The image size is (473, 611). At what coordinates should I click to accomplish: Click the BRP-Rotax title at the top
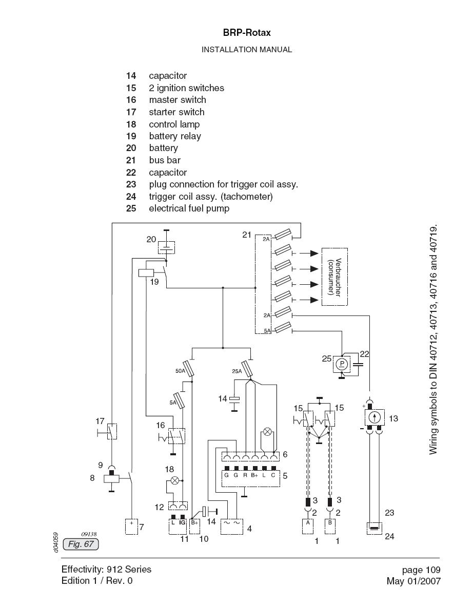[247, 33]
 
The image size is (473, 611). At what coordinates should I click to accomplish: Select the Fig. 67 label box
[81, 544]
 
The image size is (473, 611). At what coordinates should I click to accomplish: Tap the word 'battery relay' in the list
[175, 136]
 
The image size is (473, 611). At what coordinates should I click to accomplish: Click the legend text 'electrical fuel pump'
[189, 208]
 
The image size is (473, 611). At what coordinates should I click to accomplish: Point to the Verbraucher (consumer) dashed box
[334, 277]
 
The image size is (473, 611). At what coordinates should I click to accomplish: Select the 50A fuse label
[181, 370]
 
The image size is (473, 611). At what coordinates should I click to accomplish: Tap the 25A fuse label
[237, 370]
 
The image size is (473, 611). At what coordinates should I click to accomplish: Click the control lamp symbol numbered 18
[175, 480]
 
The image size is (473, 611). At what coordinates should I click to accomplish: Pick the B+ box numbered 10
[195, 526]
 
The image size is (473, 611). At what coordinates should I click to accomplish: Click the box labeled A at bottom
[308, 526]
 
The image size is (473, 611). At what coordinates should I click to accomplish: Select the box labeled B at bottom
[330, 526]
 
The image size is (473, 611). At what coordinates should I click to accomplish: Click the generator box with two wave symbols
[232, 526]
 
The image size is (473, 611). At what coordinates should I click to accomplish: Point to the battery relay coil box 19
[146, 272]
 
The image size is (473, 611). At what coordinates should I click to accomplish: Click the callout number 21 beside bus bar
[247, 235]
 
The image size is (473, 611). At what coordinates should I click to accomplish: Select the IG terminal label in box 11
[182, 522]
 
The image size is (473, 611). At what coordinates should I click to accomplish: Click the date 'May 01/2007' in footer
[413, 581]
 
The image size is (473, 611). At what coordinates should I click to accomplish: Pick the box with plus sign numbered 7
[131, 526]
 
